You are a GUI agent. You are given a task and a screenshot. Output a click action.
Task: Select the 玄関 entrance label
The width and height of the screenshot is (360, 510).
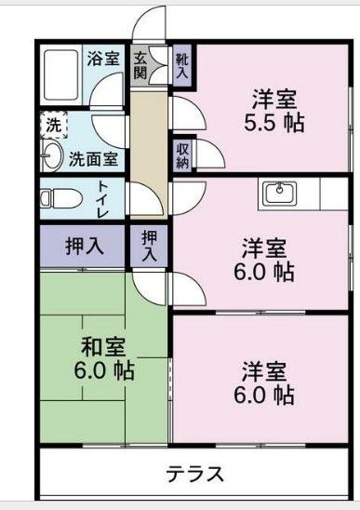point(140,67)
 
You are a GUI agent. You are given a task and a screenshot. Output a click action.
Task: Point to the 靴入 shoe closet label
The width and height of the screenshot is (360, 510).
point(182,65)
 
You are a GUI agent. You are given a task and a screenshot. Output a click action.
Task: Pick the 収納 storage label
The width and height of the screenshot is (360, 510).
point(182,155)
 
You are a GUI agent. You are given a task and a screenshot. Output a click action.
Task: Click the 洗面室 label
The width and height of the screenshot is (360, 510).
point(95,158)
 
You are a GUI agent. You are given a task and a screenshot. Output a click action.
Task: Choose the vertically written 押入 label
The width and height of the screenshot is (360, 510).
point(149,247)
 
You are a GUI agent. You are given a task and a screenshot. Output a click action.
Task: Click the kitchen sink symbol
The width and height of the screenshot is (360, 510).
point(279,194)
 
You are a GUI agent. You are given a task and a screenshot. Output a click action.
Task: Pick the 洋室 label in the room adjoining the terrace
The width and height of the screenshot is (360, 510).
point(264,369)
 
